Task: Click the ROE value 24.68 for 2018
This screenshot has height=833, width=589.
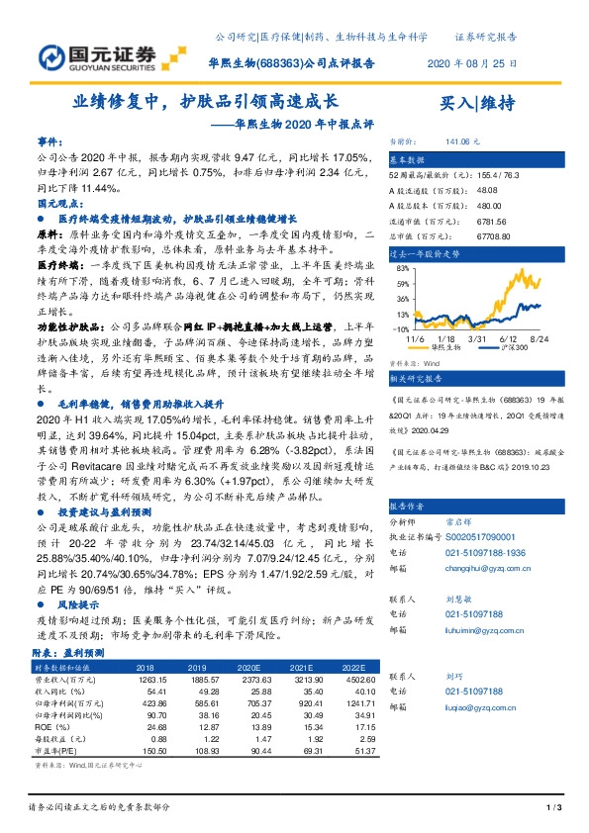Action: pyautogui.click(x=153, y=726)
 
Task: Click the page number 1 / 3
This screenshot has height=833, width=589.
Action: pyautogui.click(x=553, y=810)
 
